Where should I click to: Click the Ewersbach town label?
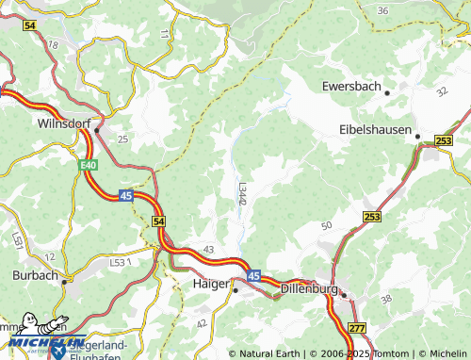pyautogui.click(x=350, y=87)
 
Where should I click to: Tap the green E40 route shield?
pyautogui.click(x=87, y=165)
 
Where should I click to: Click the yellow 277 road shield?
pyautogui.click(x=356, y=327)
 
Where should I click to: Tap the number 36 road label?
pyautogui.click(x=382, y=10)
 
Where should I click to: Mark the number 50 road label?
pyautogui.click(x=327, y=225)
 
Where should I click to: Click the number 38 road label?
pyautogui.click(x=385, y=299)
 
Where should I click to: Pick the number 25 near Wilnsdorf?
pyautogui.click(x=122, y=139)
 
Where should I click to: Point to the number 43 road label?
pyautogui.click(x=208, y=248)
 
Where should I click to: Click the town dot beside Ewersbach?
pyautogui.click(x=387, y=91)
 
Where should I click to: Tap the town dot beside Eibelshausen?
pyautogui.click(x=418, y=136)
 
